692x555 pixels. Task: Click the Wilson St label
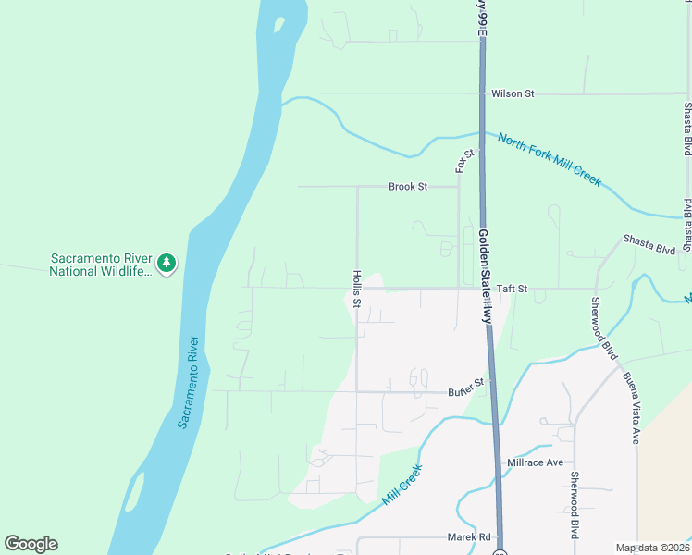[x=513, y=93]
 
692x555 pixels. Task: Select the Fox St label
[x=463, y=161]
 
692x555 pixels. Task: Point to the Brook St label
[x=407, y=187]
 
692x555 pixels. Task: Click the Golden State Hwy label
[x=486, y=276]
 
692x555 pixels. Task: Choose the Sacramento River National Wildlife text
[x=99, y=265]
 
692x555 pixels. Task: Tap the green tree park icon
[x=167, y=264]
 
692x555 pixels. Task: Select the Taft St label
[x=511, y=289]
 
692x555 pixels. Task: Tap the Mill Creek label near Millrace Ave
[x=402, y=484]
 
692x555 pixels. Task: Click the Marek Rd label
[x=472, y=537]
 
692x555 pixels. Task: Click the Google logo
[x=31, y=544]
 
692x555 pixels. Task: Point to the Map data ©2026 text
[x=652, y=548]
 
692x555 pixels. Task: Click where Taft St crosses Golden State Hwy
[x=484, y=288]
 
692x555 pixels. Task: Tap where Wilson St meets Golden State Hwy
[x=482, y=93]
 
